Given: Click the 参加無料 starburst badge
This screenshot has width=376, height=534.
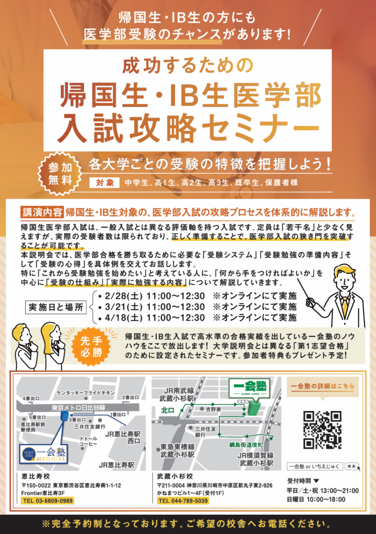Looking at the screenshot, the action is [x=60, y=174].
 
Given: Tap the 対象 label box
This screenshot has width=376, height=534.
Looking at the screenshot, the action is [x=104, y=183].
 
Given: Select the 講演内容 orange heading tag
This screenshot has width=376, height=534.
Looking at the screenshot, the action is [x=42, y=212].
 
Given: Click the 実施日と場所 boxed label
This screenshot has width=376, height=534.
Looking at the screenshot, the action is [x=56, y=307].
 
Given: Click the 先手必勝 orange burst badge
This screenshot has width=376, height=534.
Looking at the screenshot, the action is [x=91, y=347].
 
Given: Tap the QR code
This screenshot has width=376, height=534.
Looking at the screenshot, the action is [x=322, y=430].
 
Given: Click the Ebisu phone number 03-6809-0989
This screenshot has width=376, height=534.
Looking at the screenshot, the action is [x=48, y=501].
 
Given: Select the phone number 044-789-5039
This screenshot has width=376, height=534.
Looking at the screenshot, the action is [x=183, y=501].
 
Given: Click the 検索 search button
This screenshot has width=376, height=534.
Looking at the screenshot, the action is [x=351, y=466].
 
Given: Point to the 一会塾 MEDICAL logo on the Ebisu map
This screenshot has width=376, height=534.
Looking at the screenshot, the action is [x=43, y=454].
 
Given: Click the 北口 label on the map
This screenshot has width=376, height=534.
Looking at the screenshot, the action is [x=168, y=411].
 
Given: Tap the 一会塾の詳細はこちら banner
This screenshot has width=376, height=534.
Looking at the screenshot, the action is [x=322, y=386].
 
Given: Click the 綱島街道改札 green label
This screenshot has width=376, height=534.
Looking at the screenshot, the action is [x=245, y=445].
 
